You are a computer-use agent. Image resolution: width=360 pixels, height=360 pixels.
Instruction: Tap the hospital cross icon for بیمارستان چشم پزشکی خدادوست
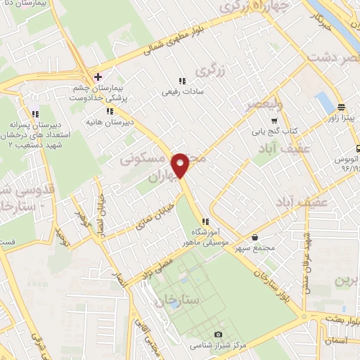coord(98,76)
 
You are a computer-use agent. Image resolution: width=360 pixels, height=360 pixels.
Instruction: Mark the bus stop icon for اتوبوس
coord(358,148)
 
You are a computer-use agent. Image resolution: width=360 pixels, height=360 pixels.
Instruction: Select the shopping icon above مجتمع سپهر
coord(254,237)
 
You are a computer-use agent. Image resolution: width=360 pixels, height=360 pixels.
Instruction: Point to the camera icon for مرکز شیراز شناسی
coord(218,334)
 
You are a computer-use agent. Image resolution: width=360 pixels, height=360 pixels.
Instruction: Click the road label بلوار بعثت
coord(342,319)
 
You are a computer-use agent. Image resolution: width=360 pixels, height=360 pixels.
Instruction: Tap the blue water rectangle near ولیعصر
coord(324,103)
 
